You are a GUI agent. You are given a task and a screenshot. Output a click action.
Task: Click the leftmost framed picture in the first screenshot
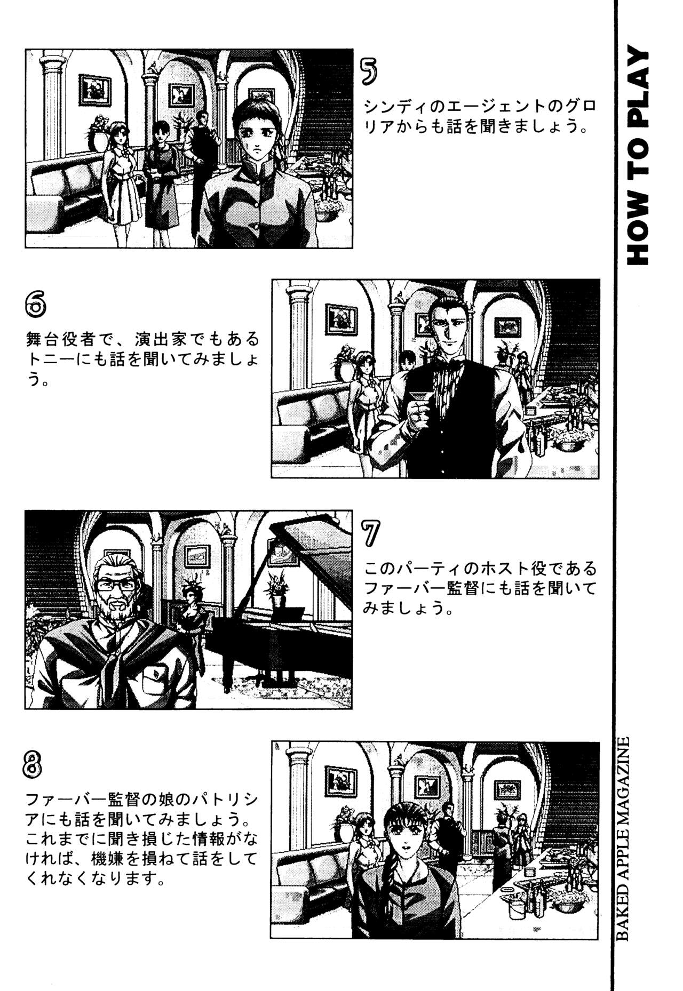(95, 90)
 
